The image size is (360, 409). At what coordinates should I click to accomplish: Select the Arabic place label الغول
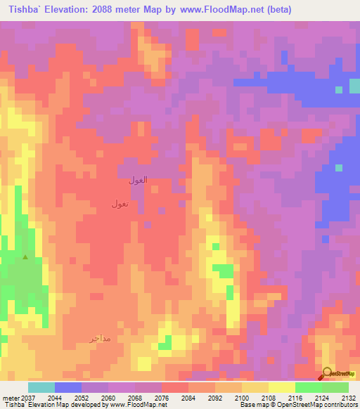138,180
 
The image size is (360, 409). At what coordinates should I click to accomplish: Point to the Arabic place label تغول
120,204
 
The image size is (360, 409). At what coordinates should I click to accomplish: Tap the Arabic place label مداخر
101,338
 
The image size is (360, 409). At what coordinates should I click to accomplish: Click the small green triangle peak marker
26,257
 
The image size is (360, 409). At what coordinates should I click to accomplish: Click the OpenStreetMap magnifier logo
327,373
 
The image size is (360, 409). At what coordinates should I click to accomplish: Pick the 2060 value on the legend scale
109,397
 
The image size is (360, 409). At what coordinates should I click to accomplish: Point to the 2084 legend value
188,397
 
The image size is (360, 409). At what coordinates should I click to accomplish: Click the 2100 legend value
241,397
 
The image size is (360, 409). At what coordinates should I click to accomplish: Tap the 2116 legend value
295,397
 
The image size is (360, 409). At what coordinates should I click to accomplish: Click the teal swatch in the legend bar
41,387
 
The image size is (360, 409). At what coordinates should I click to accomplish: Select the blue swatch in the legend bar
68,387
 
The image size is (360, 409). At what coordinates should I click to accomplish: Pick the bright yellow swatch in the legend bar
282,387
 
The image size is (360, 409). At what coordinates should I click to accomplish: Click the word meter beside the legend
8,397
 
